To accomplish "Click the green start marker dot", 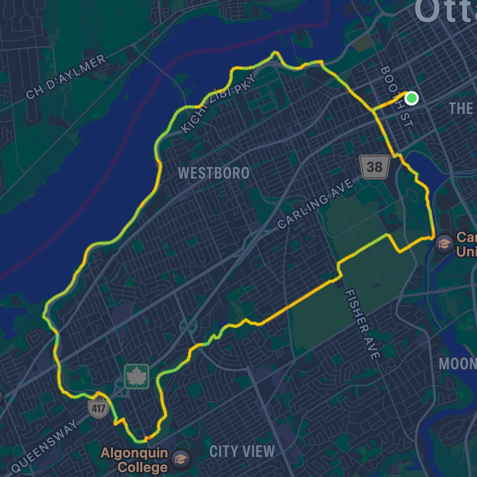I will tap(411, 98).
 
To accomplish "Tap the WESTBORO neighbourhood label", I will tap(214, 173).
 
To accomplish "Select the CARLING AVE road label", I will tap(315, 204).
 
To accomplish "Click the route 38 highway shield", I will tap(375, 167).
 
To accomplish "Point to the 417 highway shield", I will tap(98, 408).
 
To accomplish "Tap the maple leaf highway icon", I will tap(137, 377).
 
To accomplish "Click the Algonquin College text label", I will tap(134, 460).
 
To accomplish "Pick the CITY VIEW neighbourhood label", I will tap(242, 451).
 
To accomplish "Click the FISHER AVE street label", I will tap(362, 324).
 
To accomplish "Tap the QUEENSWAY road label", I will tap(44, 446).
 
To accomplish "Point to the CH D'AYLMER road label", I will tap(66, 77).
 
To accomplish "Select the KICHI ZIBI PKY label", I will tap(218, 104).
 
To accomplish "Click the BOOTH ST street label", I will tap(396, 96).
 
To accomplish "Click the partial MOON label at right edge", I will tap(457, 364).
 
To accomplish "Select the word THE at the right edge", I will tap(461, 108).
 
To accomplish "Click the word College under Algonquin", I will tap(142, 467).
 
